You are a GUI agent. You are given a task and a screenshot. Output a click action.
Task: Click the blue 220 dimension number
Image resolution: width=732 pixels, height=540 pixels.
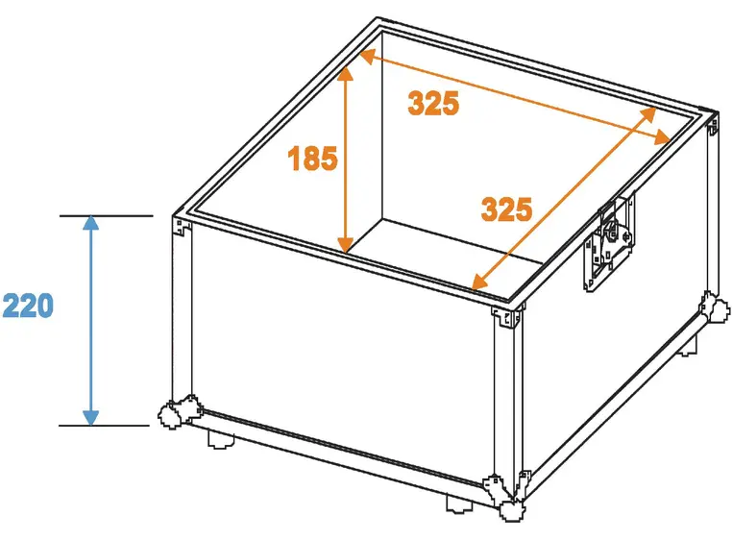tap(28, 306)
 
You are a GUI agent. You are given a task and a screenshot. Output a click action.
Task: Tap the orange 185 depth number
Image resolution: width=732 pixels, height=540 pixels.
tap(313, 158)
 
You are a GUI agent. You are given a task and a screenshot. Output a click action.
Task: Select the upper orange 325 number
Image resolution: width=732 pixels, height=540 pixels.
tap(433, 103)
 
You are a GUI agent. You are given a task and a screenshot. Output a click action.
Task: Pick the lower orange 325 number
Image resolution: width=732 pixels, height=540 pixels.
tap(506, 209)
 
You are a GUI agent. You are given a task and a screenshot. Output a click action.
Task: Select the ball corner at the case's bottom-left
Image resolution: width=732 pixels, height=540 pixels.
tap(174, 413)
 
